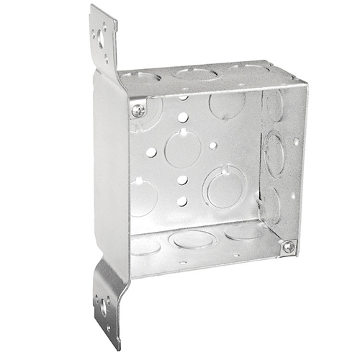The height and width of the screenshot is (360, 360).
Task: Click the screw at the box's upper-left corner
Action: pyautogui.click(x=138, y=110)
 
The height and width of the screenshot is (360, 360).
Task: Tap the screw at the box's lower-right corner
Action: pyautogui.click(x=287, y=246)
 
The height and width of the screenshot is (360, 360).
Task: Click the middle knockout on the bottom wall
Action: pyautogui.click(x=193, y=238)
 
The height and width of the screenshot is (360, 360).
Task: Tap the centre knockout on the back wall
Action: pyautogui.click(x=182, y=148)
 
